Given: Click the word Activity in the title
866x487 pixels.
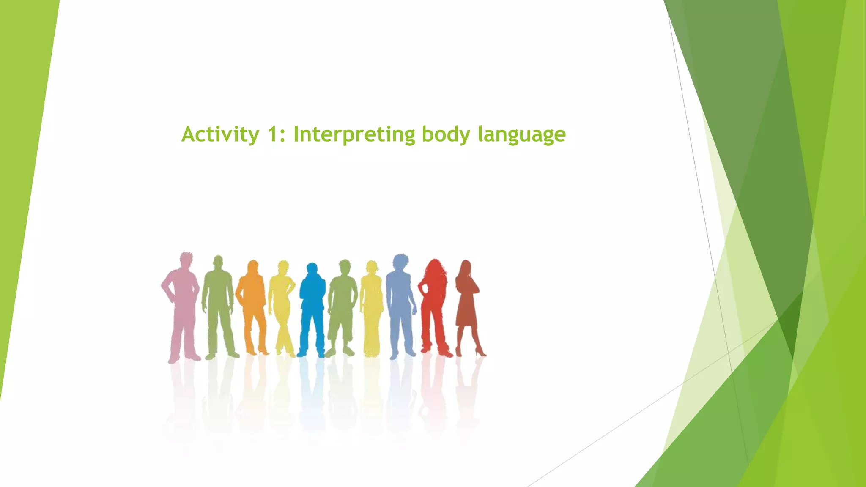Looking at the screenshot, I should [220, 134].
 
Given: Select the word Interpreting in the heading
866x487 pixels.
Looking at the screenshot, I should [354, 134].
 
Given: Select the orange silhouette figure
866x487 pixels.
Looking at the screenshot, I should [252, 304].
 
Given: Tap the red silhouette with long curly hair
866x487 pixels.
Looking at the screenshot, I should [433, 304].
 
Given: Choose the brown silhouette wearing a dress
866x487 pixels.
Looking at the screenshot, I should [466, 304].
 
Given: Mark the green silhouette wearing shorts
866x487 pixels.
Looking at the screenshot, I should [343, 304].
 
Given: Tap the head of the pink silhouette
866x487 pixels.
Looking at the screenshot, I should [186, 260].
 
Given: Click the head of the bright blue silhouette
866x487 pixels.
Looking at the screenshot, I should [312, 270].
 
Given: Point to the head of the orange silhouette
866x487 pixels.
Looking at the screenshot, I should [253, 267].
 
